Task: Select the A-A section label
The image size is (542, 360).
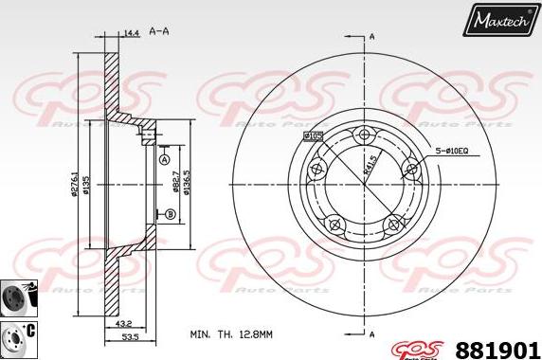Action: [159, 32]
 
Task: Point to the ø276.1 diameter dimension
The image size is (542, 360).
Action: [73, 180]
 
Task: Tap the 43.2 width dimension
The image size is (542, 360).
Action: [124, 325]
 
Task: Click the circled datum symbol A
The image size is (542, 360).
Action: [164, 160]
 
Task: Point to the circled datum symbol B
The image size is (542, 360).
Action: [171, 215]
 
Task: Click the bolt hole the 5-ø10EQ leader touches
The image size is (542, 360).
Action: [410, 169]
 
